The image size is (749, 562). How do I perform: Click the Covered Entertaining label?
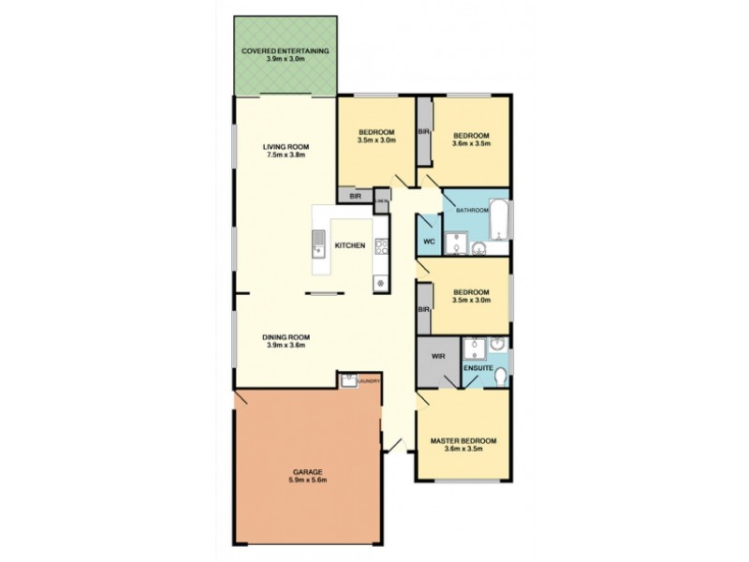(286, 51)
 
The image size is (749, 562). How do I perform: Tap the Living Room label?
(286, 147)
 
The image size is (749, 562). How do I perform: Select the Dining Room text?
(286, 337)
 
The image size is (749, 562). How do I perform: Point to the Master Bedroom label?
(463, 440)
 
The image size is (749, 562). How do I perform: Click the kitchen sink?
(318, 246)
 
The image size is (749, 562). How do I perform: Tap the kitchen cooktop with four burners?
(381, 247)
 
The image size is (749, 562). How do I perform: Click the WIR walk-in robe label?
(438, 357)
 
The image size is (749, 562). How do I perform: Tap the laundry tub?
(348, 380)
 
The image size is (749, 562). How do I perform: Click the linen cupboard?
(381, 200)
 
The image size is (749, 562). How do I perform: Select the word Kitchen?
(350, 245)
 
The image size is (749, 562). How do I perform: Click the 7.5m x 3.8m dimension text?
(286, 156)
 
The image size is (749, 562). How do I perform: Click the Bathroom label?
(472, 211)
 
